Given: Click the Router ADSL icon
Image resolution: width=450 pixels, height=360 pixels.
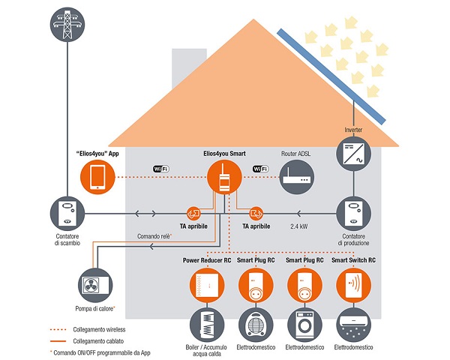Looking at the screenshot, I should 295,178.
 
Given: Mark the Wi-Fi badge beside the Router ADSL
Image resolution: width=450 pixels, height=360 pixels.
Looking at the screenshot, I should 262,169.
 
